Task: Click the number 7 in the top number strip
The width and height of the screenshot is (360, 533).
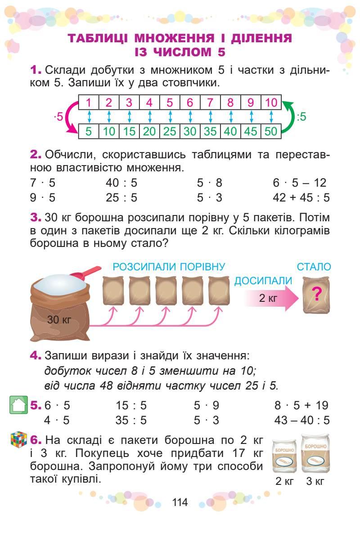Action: pos(210,103)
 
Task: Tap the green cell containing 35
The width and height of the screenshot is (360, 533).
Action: pos(210,132)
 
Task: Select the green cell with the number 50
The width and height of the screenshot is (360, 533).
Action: pos(271,132)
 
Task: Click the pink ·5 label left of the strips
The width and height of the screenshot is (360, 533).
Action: pos(58,117)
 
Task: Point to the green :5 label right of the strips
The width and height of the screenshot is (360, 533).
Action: pos(301,117)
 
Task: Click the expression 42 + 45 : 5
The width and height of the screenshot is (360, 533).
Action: pos(301,197)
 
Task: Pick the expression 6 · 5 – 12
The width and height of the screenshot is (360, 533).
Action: pos(299,183)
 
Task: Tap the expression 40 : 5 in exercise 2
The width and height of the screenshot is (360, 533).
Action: pos(121,183)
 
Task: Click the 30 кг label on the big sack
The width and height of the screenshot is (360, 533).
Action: pos(59,320)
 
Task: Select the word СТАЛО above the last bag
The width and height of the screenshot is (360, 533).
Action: pos(314,267)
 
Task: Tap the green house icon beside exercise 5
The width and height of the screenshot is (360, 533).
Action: pos(18,405)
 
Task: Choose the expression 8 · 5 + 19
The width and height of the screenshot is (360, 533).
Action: pos(301,405)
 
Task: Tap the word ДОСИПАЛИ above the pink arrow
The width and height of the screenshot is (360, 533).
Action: pos(263,281)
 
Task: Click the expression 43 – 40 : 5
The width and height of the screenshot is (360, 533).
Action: pos(301,420)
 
